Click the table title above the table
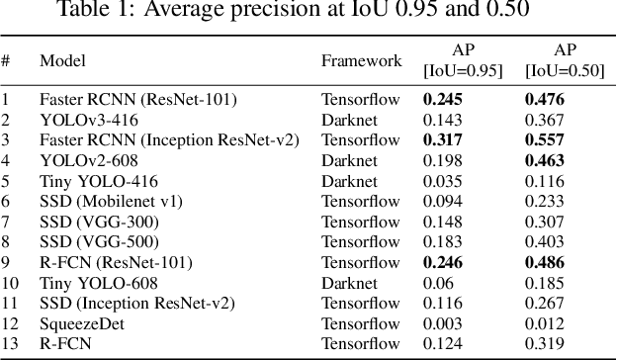[308, 11]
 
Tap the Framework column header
[361, 61]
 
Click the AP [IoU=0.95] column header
[462, 61]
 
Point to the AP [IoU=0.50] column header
[563, 61]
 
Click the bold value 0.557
[544, 139]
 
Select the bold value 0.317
[443, 139]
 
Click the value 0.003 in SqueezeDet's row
[443, 323]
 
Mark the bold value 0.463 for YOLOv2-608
[544, 160]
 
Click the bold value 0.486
[544, 262]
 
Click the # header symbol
[6, 61]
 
